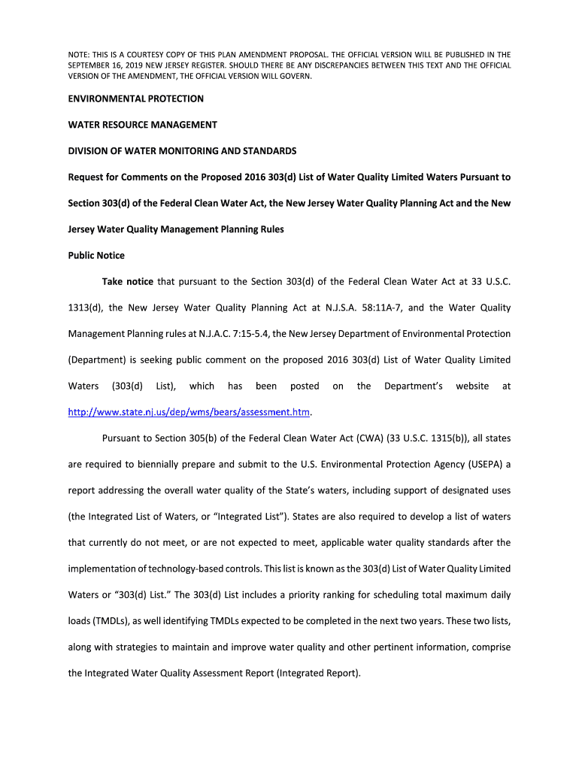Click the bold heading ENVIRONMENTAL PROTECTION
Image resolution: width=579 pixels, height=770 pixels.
136,99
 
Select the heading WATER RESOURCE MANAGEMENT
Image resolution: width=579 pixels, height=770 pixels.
143,125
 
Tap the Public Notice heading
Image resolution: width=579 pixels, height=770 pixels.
96,256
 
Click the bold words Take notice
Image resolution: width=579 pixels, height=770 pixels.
128,282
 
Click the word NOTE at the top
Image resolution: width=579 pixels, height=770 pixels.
79,55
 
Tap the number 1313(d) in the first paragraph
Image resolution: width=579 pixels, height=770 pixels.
85,308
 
